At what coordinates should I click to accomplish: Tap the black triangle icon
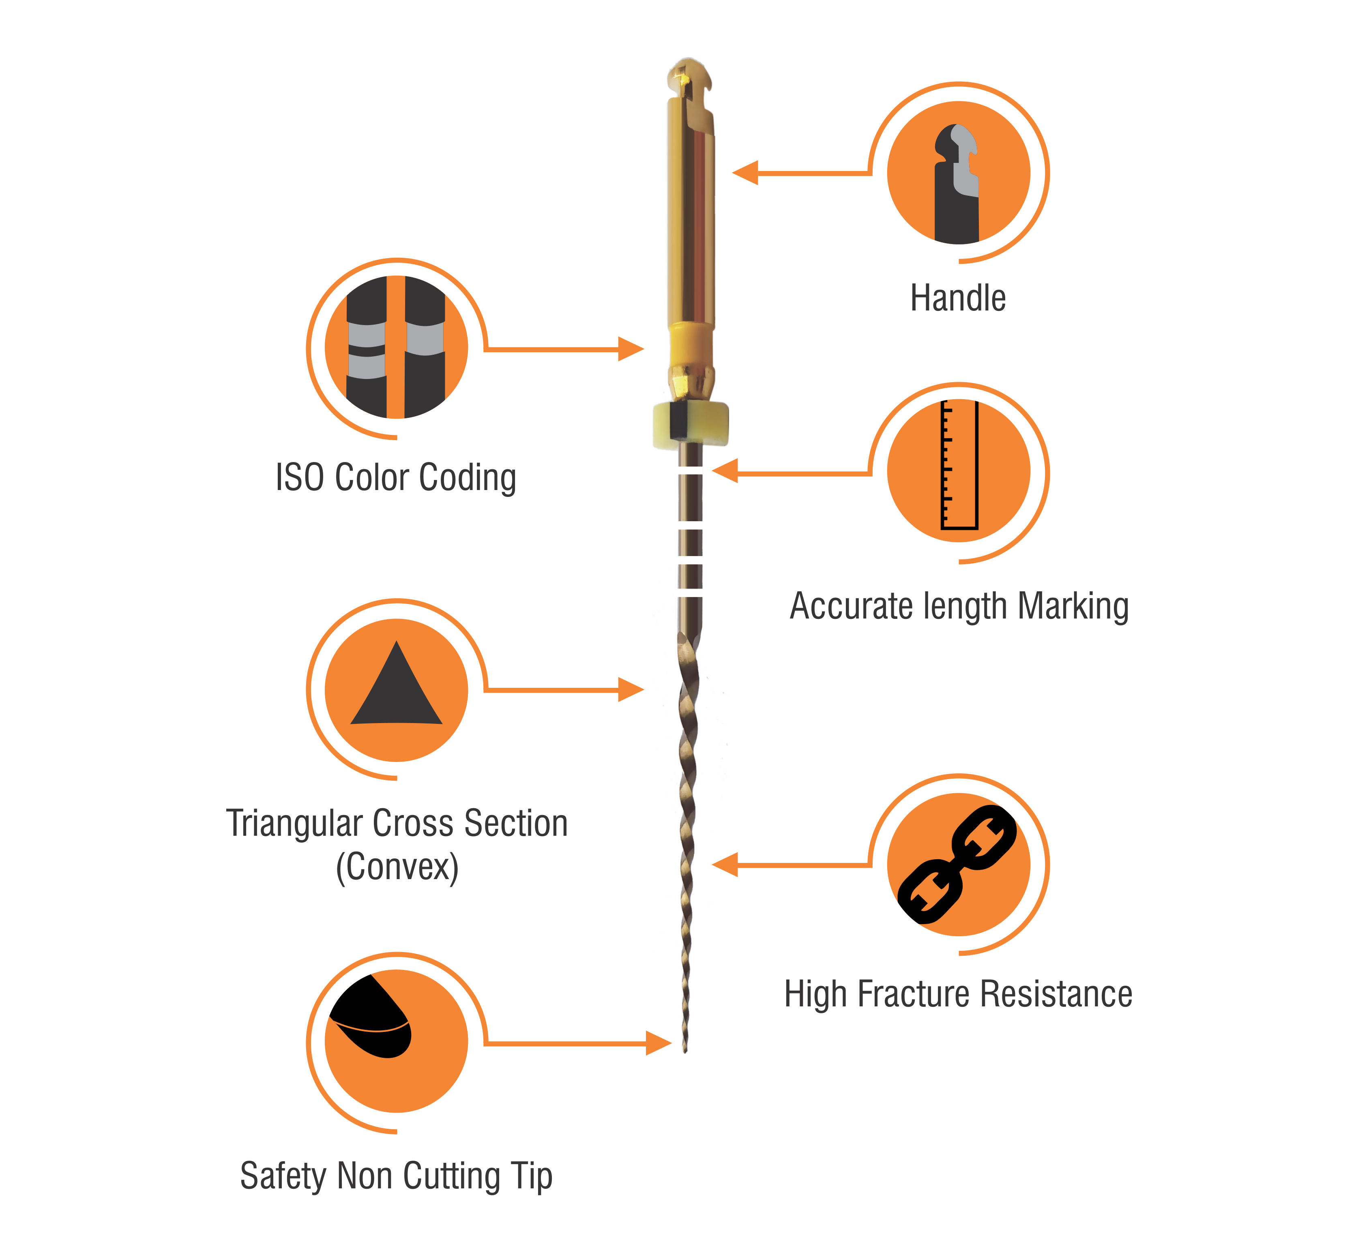[397, 684]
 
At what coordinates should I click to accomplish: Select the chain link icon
[957, 865]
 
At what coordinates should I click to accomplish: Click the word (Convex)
[397, 867]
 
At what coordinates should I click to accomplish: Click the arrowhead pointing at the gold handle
[745, 173]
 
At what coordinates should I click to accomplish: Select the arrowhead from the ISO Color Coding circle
[631, 349]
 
